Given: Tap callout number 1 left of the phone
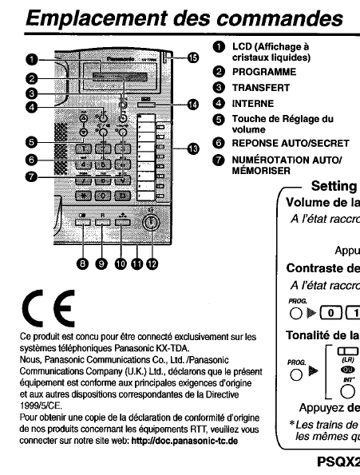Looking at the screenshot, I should pos(34,58).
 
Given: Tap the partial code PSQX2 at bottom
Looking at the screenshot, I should pos(334,461).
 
